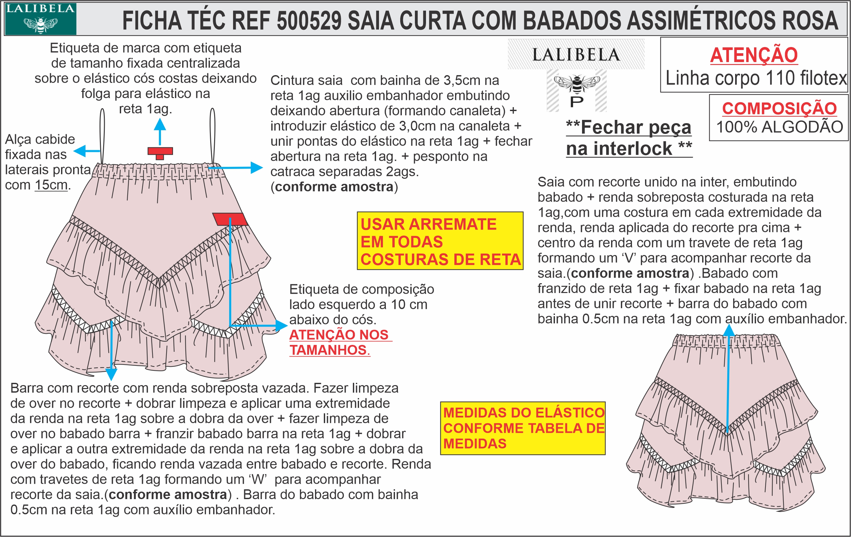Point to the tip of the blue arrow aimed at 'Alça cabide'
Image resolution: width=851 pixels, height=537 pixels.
pos(74,151)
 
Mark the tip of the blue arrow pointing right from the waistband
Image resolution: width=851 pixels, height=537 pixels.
pos(263,167)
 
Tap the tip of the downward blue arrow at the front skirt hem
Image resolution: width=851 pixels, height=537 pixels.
pos(111,381)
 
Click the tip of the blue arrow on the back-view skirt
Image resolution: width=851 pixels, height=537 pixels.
pos(729,324)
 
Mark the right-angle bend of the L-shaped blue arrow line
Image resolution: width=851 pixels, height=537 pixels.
pos(230,325)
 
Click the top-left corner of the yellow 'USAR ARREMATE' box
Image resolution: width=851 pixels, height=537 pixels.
pos(357,212)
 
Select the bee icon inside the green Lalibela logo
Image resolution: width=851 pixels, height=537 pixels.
pos(40,24)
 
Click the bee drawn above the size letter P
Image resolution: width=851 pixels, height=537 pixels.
pos(577,84)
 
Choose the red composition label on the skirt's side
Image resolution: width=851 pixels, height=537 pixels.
pos(230,219)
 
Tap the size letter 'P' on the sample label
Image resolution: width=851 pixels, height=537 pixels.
pos(577,102)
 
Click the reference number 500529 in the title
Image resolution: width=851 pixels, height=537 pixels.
pos(309,21)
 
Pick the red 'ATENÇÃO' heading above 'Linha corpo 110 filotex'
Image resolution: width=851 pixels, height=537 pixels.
pos(754,55)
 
